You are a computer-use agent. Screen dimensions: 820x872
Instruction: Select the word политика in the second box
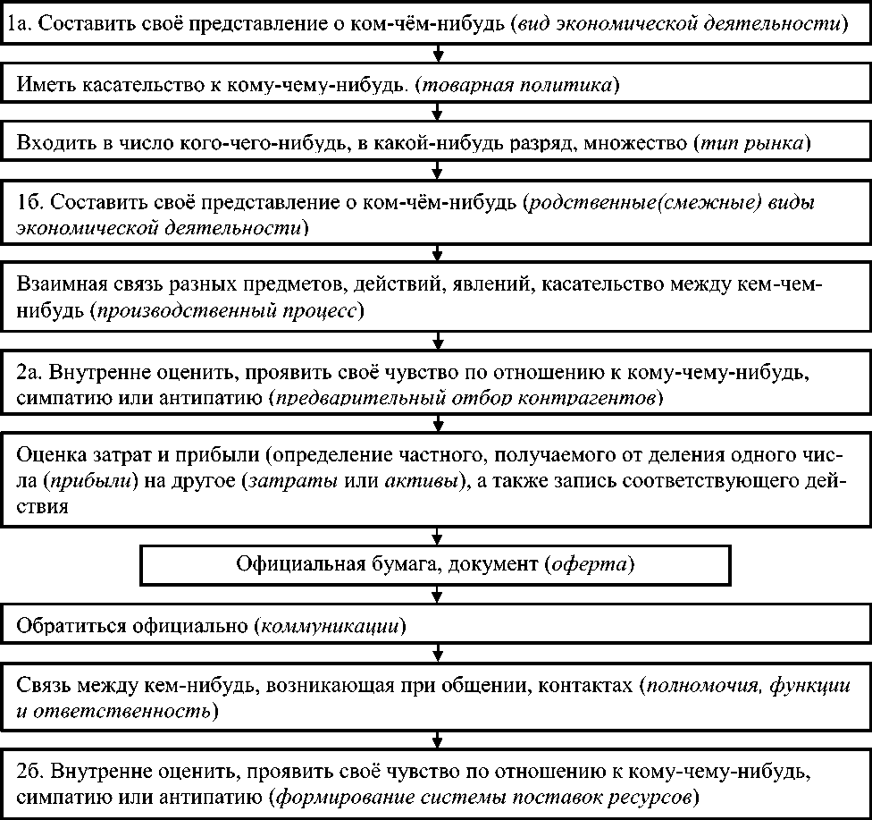574,86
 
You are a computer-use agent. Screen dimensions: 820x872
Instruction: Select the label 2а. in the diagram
31,371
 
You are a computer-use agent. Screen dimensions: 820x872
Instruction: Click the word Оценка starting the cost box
48,459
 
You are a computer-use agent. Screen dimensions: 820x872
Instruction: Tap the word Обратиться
71,624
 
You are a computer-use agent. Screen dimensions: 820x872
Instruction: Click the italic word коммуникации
326,624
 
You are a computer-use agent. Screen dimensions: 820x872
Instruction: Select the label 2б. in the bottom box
32,771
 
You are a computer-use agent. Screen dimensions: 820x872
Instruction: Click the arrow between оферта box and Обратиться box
437,596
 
